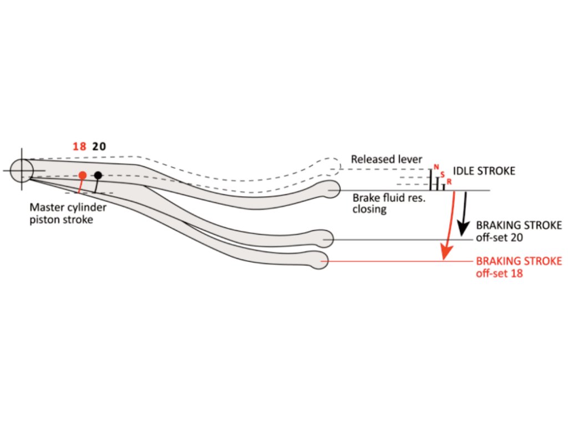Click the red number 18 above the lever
79,147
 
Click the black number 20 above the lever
99,147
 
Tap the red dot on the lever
82,175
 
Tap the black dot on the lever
98,175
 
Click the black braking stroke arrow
462,216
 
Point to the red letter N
436,167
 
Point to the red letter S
443,174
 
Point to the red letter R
449,181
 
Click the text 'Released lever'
387,160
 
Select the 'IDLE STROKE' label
484,171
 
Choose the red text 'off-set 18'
499,273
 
